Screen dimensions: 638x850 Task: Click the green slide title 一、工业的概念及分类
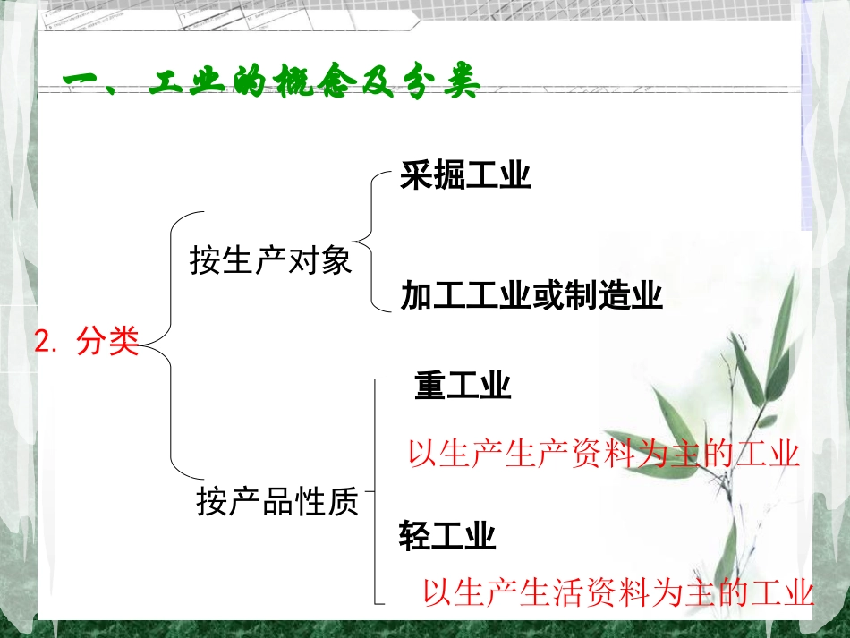coord(272,85)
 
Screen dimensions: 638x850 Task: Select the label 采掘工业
coord(465,176)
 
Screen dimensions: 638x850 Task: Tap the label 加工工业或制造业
coord(531,294)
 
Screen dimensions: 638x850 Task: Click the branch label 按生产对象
coord(271,261)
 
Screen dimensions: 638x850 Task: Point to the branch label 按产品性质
coord(277,503)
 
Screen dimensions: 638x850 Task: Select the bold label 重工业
coord(463,387)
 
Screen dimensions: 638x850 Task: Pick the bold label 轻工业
coord(447,537)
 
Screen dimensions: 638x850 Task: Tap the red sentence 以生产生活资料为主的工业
coord(617,592)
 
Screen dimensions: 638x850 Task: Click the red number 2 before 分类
coord(41,342)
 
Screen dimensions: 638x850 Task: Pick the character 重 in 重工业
coord(430,387)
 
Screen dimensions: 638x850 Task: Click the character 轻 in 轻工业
coord(414,537)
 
